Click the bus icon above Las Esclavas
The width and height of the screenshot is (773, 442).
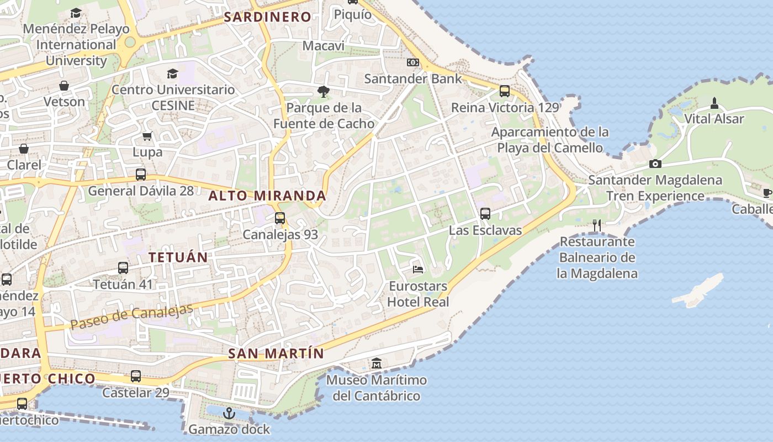485,213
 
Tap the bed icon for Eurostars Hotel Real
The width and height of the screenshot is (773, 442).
419,269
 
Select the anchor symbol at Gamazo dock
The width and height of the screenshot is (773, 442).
229,413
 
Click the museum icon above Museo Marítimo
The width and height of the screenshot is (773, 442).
377,363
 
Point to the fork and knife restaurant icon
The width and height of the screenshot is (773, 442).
596,225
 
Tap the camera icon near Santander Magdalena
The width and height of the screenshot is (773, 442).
655,164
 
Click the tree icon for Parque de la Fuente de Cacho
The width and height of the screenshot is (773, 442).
324,91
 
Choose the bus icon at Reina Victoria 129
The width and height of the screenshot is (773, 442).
505,91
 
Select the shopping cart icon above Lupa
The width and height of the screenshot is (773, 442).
147,135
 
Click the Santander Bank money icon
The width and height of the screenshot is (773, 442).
413,62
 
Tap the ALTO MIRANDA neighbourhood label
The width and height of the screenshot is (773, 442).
267,196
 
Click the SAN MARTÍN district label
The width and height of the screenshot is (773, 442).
276,354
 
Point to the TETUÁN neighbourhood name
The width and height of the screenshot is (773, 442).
178,257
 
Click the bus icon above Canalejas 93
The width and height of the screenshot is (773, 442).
280,218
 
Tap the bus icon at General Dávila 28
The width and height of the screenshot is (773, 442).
141,175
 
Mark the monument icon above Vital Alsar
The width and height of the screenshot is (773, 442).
714,103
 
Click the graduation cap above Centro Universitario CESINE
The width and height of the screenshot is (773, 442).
173,73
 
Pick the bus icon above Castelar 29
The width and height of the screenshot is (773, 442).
136,376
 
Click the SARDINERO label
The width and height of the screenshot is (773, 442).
268,17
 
